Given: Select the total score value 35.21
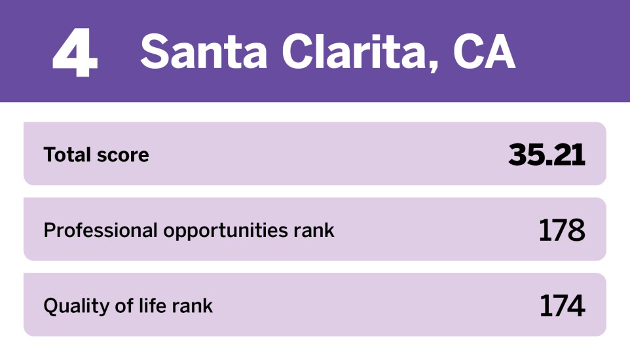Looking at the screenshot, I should [546, 154].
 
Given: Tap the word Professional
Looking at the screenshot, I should [101, 230].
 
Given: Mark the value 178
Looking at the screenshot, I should [561, 230].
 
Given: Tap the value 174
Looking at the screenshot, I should [561, 306].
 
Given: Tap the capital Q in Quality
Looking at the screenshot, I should [50, 306].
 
